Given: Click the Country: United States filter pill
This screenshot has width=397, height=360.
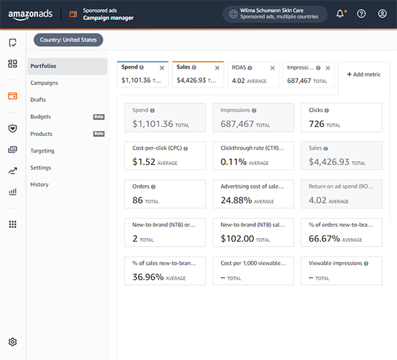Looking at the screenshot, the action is [x=68, y=40].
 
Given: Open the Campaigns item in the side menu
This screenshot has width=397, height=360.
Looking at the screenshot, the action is [x=44, y=83].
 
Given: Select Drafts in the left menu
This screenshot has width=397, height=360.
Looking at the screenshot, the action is [x=38, y=99].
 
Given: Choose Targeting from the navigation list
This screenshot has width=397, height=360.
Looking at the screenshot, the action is [x=43, y=151].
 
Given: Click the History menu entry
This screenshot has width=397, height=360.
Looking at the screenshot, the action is [x=39, y=184].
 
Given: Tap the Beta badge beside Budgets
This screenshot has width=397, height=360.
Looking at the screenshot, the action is [x=99, y=117].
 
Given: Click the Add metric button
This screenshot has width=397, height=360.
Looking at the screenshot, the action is [x=364, y=74].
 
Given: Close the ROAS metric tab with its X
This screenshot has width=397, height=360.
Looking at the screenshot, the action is [x=272, y=68].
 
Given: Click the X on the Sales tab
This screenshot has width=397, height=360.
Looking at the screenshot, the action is [x=217, y=68].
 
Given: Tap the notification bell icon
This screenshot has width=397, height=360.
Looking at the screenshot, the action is [x=340, y=13].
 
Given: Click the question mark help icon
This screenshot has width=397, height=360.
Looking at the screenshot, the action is [x=362, y=13].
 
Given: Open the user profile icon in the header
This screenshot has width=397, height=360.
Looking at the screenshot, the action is [x=382, y=13].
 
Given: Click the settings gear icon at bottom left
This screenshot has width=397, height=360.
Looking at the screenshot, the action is [x=13, y=342].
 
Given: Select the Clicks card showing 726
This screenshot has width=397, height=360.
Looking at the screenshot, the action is [x=342, y=118].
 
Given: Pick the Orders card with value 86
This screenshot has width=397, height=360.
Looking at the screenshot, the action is [x=164, y=194].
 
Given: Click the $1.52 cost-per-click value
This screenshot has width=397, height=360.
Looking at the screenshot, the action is [x=143, y=162].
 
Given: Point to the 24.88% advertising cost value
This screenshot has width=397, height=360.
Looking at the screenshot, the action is [x=236, y=201].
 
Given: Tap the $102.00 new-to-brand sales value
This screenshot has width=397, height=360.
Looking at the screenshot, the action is [x=237, y=239].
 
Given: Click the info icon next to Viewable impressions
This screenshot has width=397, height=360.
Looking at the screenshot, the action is [x=366, y=264].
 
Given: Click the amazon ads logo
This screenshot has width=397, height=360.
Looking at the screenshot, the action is [x=30, y=14].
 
